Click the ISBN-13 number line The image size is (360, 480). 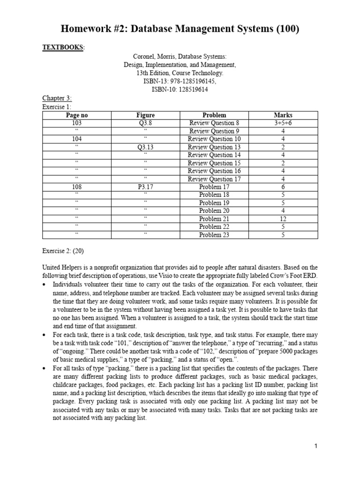[180, 81]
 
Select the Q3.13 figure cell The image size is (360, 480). [146, 147]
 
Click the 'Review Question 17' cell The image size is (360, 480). [214, 179]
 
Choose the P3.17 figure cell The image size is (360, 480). [146, 187]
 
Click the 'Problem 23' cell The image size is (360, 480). [214, 235]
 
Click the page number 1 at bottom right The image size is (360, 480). [316, 446]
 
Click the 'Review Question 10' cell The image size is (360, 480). [214, 139]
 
